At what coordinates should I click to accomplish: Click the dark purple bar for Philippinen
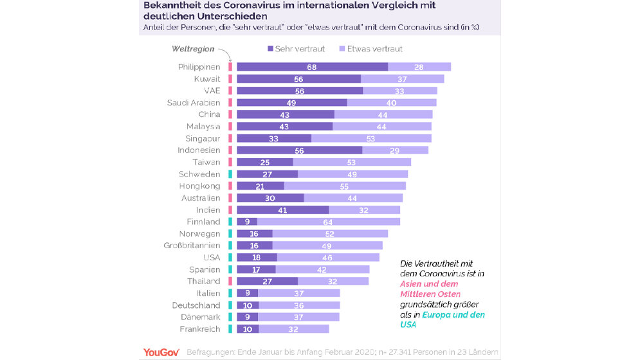[x=312, y=67]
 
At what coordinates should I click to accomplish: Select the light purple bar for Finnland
[x=328, y=222]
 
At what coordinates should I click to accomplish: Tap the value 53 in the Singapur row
[x=370, y=138]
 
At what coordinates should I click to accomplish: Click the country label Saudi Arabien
[x=193, y=103]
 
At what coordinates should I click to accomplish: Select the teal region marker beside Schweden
[x=229, y=174]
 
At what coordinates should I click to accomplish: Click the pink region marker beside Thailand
[x=229, y=281]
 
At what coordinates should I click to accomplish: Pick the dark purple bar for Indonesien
[x=299, y=150]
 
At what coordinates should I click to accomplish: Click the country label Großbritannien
[x=191, y=246]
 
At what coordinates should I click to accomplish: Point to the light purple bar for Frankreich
[x=293, y=328]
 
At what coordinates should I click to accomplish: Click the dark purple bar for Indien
[x=282, y=210]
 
